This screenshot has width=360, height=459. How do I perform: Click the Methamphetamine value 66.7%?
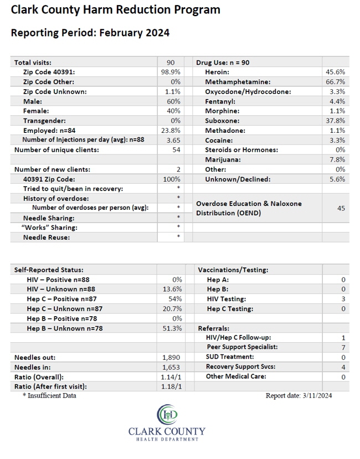point(336,82)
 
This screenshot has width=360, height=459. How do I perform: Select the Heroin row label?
point(217,72)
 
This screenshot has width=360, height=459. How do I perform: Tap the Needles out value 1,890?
point(171,358)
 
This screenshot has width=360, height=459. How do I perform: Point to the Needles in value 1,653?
point(171,367)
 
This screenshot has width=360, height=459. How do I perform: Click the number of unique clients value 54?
point(176,150)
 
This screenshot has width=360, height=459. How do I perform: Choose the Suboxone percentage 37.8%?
point(336,121)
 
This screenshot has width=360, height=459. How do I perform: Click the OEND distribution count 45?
point(341,208)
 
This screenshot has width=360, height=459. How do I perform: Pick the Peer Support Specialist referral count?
point(343,348)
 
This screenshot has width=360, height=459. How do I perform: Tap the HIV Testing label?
point(227,299)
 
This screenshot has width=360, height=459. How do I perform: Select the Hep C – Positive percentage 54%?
point(175,299)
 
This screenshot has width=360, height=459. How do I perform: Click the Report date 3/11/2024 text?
point(299,395)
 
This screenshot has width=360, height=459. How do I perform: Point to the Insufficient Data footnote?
point(49,395)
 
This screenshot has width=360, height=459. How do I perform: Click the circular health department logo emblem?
point(167,414)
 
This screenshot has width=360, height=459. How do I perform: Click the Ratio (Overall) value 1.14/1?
point(171,377)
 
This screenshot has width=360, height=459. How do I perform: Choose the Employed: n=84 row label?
point(49,131)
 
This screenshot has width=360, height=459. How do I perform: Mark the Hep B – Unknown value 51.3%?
point(172,328)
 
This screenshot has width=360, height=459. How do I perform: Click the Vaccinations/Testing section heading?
point(233,270)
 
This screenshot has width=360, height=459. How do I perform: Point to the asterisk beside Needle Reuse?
point(178,236)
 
